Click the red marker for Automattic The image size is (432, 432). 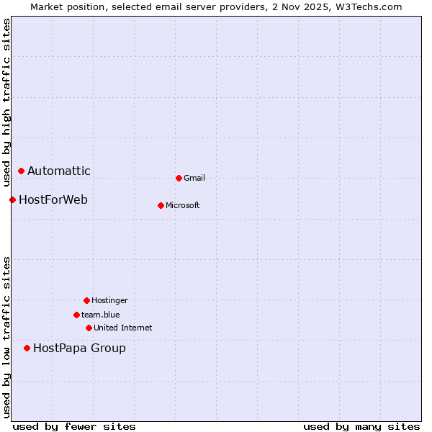click(x=21, y=171)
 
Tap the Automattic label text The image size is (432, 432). click(x=59, y=171)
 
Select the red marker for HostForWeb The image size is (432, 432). click(x=12, y=199)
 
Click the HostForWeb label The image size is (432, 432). click(x=53, y=199)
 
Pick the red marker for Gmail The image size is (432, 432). click(x=179, y=178)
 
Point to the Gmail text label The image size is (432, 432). click(x=194, y=178)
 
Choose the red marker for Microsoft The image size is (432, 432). click(x=161, y=205)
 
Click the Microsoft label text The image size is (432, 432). click(x=183, y=205)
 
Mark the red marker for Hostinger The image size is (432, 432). click(x=86, y=300)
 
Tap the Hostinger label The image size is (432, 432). click(x=109, y=300)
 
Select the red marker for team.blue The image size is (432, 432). click(x=76, y=315)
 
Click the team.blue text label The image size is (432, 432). click(x=101, y=315)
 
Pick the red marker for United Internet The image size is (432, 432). click(x=89, y=328)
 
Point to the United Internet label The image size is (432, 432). click(x=123, y=328)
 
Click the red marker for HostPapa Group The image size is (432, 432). click(x=27, y=348)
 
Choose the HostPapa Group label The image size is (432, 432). click(x=79, y=348)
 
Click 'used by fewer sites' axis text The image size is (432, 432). click(x=74, y=426)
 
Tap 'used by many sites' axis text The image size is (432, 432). click(x=361, y=426)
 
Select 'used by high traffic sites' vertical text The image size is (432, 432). click(x=6, y=102)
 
